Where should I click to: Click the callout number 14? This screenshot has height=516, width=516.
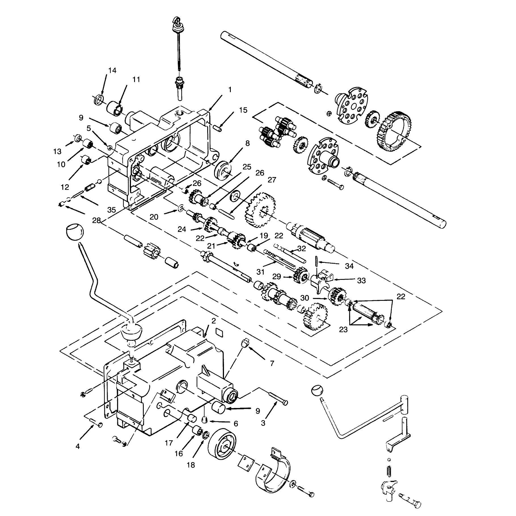[x=112, y=71]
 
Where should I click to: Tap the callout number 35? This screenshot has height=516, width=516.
[x=112, y=210]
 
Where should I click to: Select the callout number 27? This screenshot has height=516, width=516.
[x=272, y=180]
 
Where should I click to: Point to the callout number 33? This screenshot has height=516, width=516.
[x=361, y=281]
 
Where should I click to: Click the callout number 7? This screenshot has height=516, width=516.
[x=272, y=363]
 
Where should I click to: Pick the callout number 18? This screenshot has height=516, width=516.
[x=191, y=465]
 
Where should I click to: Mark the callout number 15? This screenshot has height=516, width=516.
[x=243, y=110]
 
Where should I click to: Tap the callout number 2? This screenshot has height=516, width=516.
[x=213, y=321]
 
